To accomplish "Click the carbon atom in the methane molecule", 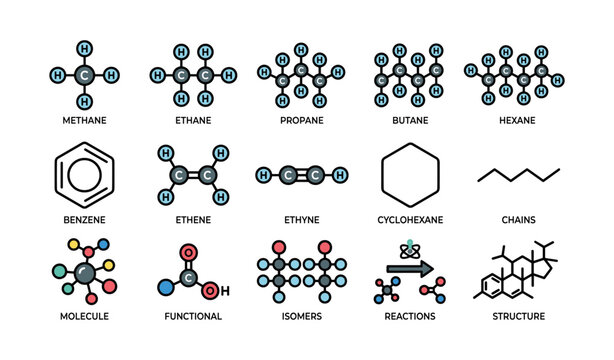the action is point(85,75).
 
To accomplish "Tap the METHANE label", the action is point(85,120).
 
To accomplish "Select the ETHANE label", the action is point(193,120).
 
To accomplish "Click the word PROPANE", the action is point(301,120).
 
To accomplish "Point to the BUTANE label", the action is point(409,120).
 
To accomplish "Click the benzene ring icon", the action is point(85,174).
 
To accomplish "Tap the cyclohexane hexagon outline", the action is point(410,174).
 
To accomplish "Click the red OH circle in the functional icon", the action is point(209,291).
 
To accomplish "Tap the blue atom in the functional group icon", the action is point(165,290).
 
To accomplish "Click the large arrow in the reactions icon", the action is point(410,268).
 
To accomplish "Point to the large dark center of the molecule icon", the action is point(85,273).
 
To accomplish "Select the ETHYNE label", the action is point(301,218).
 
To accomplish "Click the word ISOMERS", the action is point(301,316).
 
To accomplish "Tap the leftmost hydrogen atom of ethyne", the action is point(263,175).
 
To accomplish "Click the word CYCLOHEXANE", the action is point(409,218).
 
